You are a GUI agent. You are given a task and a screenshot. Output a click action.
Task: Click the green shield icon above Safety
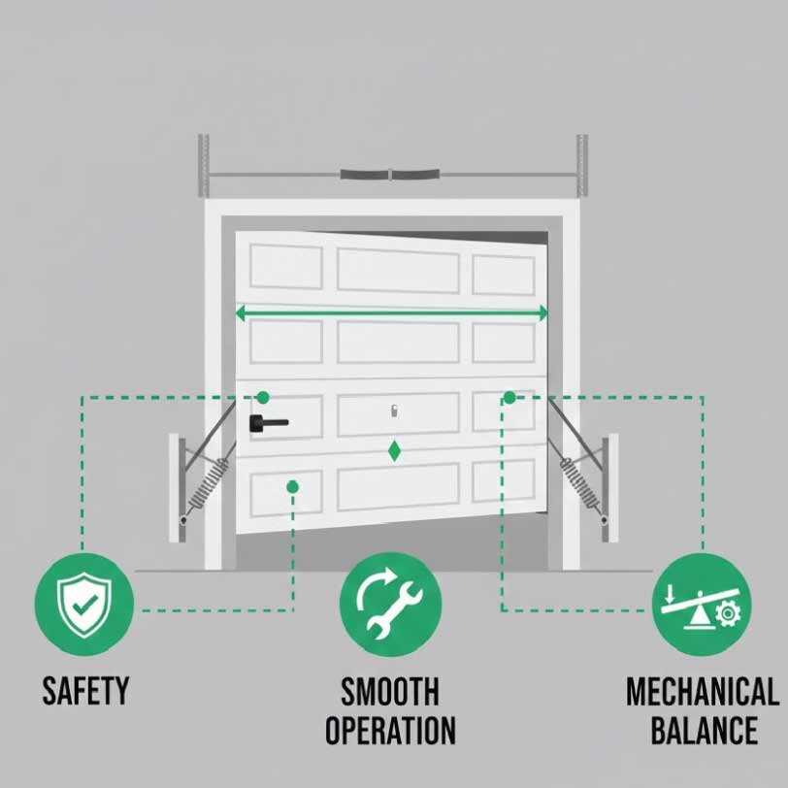tap(82, 604)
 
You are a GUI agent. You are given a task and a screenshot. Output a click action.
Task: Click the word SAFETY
tap(85, 691)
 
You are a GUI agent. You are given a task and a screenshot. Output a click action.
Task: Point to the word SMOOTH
tap(390, 692)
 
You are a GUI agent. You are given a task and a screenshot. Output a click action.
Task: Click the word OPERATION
tap(390, 730)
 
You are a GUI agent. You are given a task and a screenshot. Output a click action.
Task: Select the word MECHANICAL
tap(702, 692)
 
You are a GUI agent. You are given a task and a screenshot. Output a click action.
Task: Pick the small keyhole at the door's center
tap(395, 411)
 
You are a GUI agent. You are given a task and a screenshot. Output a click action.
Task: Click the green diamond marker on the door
tap(394, 451)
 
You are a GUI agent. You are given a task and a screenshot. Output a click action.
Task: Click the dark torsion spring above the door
tap(389, 176)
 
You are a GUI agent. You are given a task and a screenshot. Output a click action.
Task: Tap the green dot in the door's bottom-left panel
tap(291, 486)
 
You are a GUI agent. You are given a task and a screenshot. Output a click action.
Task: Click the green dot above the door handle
tap(262, 397)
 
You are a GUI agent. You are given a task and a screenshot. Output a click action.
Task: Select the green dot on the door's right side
tap(509, 397)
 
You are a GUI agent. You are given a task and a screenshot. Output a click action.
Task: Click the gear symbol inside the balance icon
tap(725, 612)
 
